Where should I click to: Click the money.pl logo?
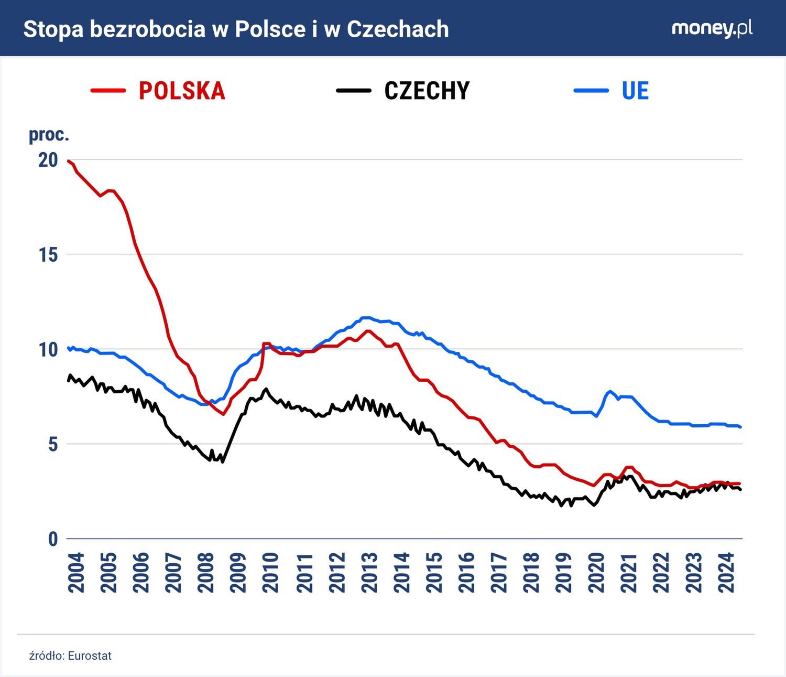coord(712,29)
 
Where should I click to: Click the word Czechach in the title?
coord(398,29)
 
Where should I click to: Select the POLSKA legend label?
coord(182,91)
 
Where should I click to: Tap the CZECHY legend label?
coord(427,91)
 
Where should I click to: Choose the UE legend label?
coord(635,91)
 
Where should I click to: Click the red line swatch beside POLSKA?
coord(108,91)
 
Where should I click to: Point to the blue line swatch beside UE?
coord(591,91)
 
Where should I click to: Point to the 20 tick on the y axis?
coord(48,160)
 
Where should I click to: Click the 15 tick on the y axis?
coord(48,255)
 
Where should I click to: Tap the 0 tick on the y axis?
coord(52,539)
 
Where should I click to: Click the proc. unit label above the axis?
coord(49,135)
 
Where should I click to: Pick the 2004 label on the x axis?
coord(77,573)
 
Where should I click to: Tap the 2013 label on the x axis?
coord(369,573)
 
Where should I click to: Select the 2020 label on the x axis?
coord(597,573)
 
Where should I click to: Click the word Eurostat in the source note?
coord(90,656)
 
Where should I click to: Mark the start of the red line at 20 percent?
coord(69,161)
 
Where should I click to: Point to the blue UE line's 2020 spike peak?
coord(610,391)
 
